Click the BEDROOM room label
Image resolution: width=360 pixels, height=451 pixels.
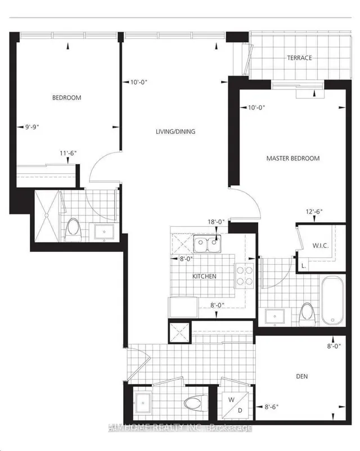(66, 97)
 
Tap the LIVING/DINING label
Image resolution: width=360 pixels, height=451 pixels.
(175, 132)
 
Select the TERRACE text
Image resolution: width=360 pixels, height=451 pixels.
(299, 58)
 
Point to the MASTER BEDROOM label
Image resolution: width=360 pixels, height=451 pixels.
(292, 159)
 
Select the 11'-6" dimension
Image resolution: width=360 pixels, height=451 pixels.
(70, 152)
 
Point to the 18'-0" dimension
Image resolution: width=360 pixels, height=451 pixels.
(215, 222)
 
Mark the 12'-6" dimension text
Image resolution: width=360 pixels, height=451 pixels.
(314, 211)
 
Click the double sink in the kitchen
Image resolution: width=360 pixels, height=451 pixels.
(206, 245)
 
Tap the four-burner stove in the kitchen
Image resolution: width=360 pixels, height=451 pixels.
(244, 275)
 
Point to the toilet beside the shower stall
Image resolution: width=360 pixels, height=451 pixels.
(73, 228)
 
